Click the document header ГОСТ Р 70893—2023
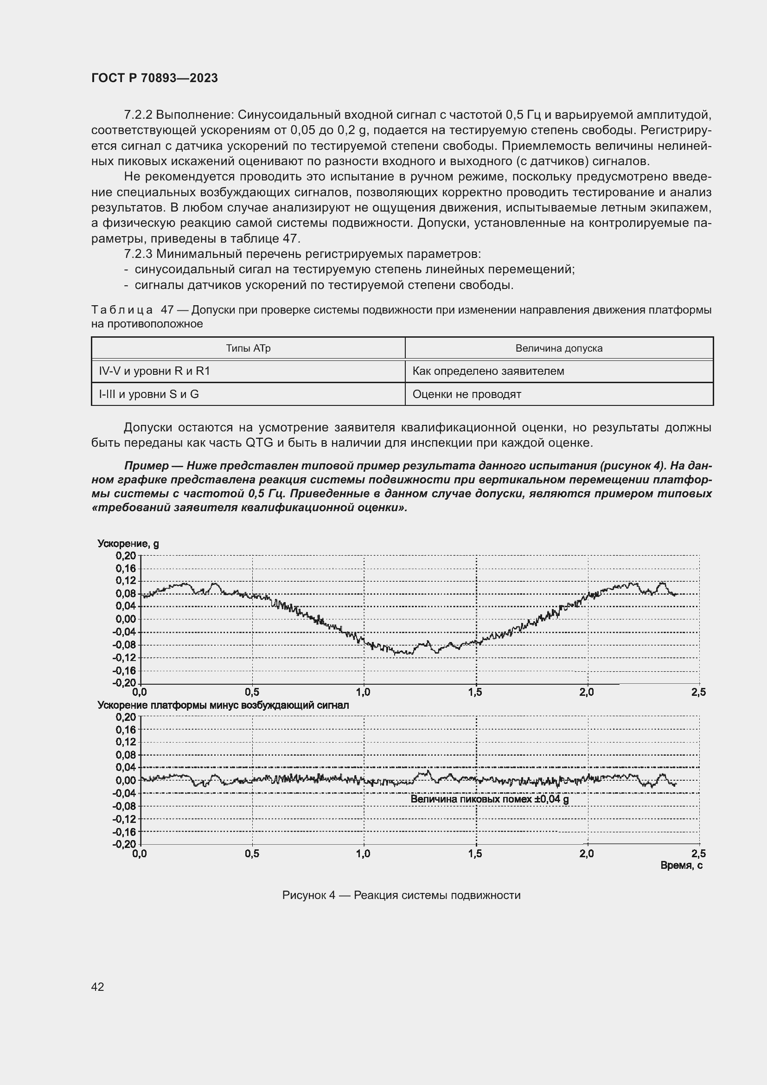click(154, 78)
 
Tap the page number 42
click(98, 987)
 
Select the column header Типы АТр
click(248, 348)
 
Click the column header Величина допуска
click(559, 348)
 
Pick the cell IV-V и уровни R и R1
click(154, 371)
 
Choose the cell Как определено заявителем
click(488, 371)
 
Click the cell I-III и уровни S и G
click(149, 394)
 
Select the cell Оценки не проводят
click(467, 394)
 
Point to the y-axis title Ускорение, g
click(128, 544)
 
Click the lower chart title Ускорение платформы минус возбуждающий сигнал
click(223, 705)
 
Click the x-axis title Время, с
click(681, 865)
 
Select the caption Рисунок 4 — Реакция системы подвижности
click(401, 895)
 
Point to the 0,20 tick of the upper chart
click(126, 555)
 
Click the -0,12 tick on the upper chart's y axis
click(124, 657)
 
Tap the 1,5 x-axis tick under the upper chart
click(475, 692)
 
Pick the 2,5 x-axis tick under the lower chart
click(698, 854)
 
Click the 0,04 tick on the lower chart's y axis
click(126, 767)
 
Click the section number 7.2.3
click(138, 254)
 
